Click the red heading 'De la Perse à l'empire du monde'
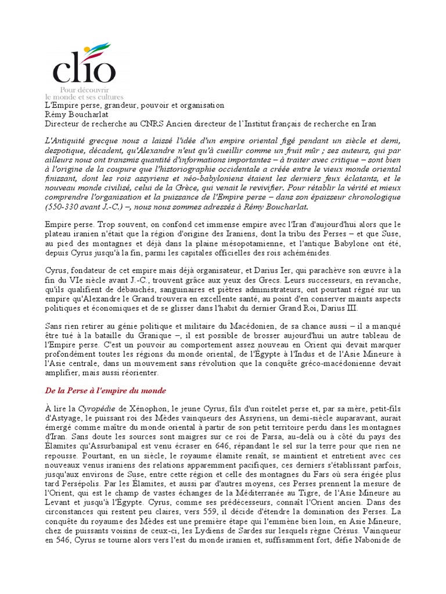(x=105, y=390)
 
